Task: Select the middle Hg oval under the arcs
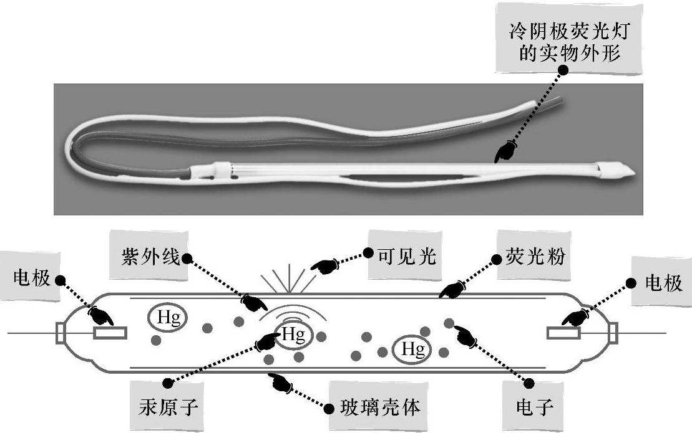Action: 292,335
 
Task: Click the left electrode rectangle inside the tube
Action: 110,333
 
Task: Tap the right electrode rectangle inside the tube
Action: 564,333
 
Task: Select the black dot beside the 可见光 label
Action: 368,254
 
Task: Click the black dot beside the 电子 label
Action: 529,382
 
